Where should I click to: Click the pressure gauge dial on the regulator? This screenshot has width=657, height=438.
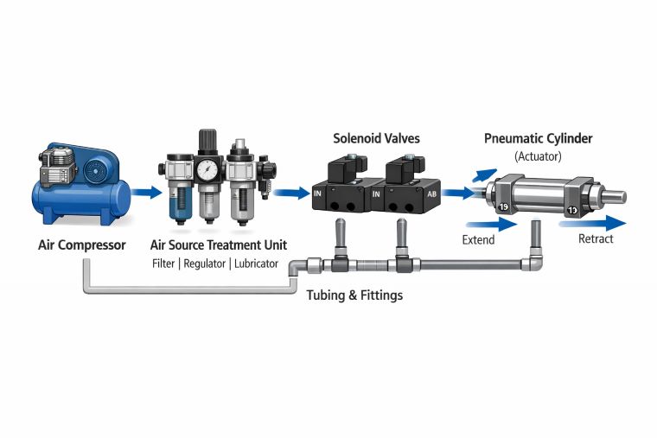click(207, 171)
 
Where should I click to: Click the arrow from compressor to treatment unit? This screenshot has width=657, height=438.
click(148, 192)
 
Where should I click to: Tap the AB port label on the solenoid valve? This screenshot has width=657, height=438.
click(431, 194)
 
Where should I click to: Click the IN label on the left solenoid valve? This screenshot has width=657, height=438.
click(317, 194)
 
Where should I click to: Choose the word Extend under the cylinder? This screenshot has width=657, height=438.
click(478, 239)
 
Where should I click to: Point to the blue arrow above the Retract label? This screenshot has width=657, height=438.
click(591, 223)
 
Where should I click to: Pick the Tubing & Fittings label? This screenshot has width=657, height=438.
click(354, 295)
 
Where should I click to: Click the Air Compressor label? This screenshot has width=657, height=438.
click(82, 245)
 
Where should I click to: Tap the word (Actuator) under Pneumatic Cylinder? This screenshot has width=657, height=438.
click(538, 156)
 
